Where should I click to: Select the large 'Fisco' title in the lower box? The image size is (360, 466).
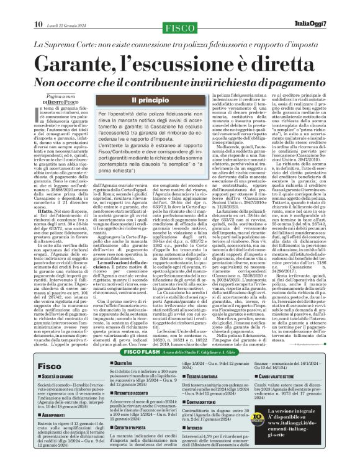click(49, 367)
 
